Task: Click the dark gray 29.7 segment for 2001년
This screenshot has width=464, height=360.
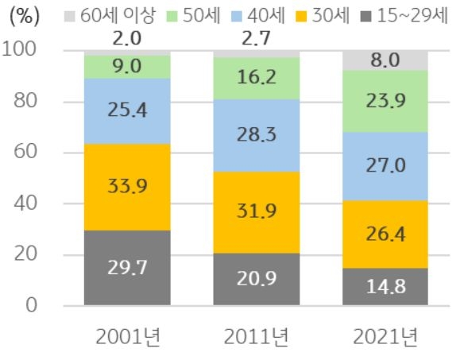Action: point(127,267)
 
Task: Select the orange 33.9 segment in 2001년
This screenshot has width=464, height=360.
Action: point(127,187)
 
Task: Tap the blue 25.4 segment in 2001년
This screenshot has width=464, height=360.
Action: point(127,110)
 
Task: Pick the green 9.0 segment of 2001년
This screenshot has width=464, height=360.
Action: point(127,67)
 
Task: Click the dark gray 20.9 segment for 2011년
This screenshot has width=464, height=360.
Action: point(257,279)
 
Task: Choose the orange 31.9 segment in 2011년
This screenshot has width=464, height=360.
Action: point(257,212)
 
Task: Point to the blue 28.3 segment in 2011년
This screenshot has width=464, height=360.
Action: point(257,135)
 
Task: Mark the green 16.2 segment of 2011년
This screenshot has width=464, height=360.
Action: point(257,78)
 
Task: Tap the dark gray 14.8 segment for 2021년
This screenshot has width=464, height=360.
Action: point(385,286)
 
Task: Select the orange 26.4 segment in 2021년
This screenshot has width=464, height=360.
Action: point(385,234)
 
